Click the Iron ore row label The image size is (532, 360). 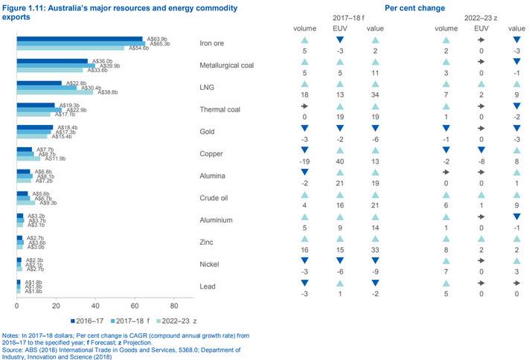pos(212,43)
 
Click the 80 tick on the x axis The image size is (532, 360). pos(174,306)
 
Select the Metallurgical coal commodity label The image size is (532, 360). pos(228,65)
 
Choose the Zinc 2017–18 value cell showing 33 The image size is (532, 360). pos(375,251)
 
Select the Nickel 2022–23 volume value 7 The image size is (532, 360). pos(446,274)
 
